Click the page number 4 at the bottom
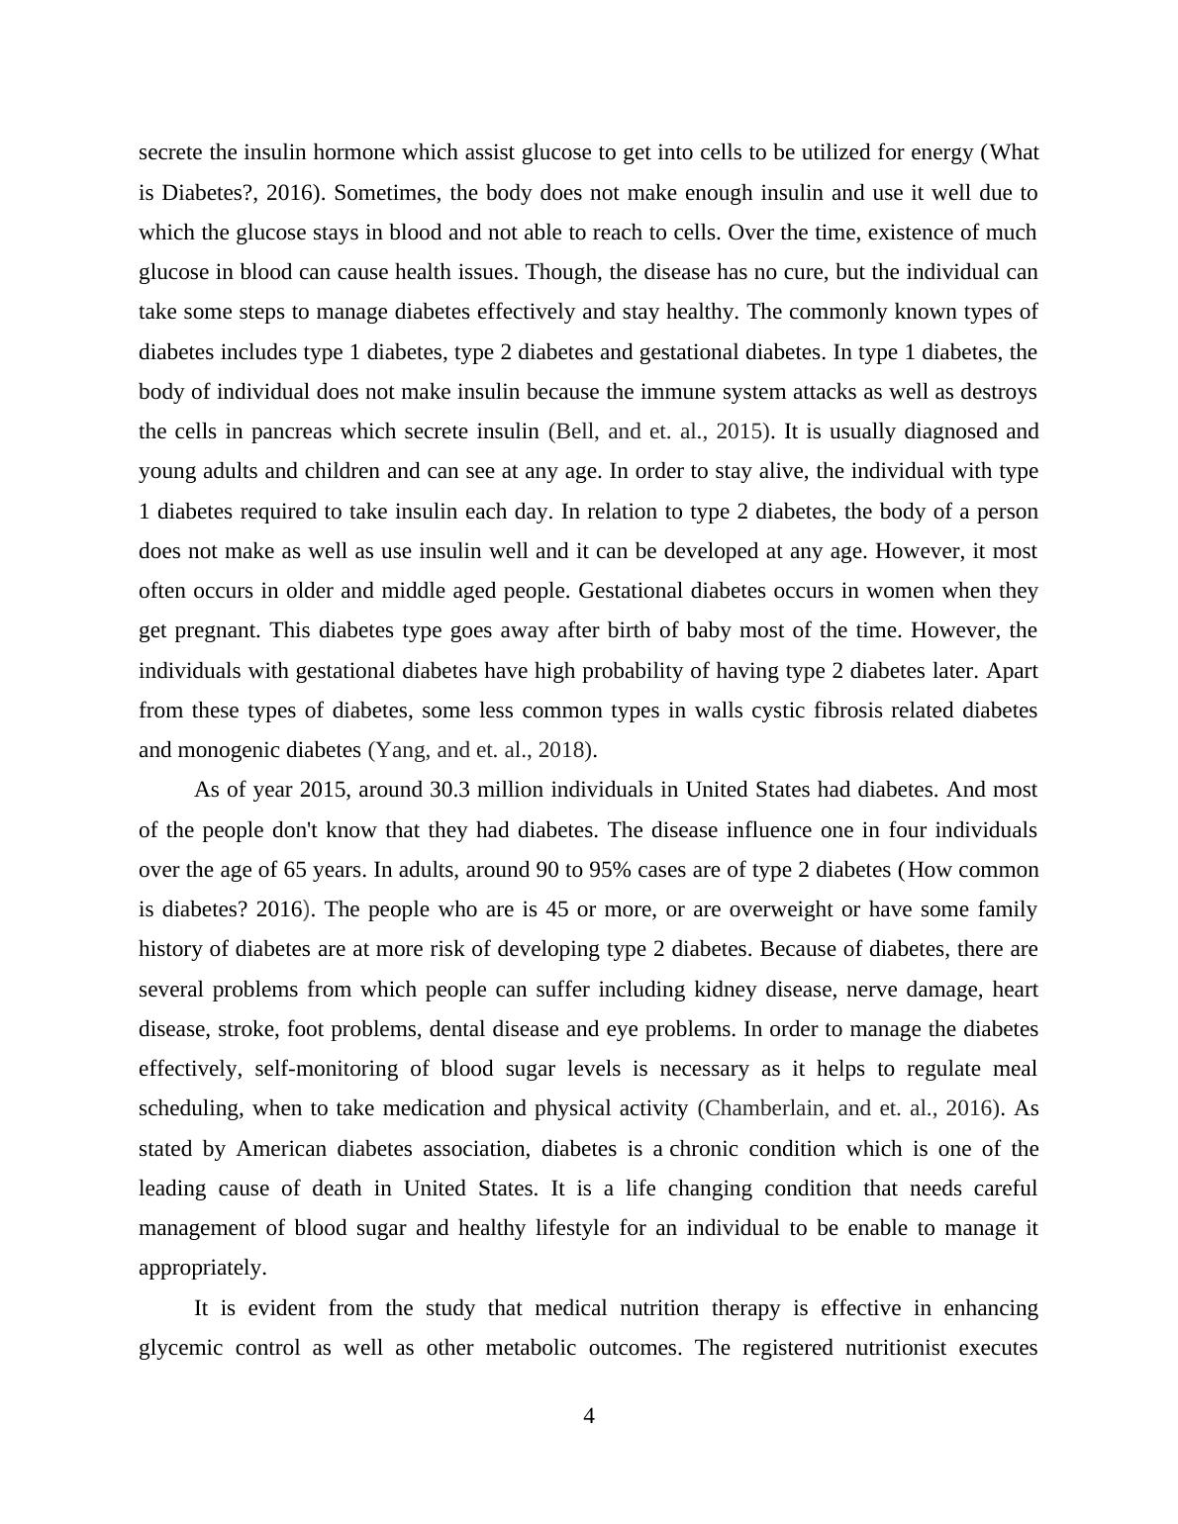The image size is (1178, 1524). (589, 1416)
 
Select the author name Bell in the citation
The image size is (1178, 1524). (575, 431)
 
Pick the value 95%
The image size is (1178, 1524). (610, 870)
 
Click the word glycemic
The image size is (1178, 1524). (179, 1348)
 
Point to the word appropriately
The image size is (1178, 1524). (202, 1268)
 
